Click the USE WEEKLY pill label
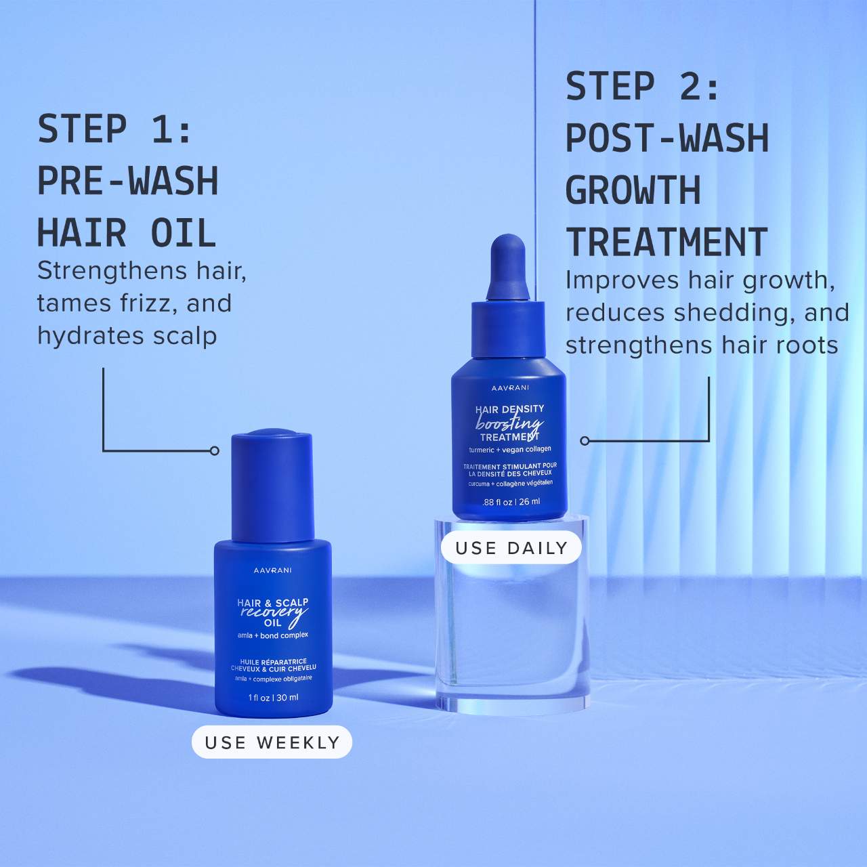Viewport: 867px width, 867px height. coord(272,742)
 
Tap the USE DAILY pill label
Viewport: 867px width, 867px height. coord(511,548)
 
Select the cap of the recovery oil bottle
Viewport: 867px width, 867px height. coord(272,484)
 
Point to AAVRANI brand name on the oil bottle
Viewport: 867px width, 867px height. coord(273,570)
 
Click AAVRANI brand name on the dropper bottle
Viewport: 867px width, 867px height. coord(510,388)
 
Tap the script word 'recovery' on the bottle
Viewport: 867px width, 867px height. coord(274,612)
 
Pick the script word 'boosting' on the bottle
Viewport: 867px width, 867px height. coord(509,423)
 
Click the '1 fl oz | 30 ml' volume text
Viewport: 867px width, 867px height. coord(273,698)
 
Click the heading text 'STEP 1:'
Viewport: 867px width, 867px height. coord(115,129)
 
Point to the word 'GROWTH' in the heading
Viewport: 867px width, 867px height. coord(633,190)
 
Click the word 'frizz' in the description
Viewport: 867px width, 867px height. coord(149,303)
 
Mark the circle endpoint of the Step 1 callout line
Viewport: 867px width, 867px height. coord(215,450)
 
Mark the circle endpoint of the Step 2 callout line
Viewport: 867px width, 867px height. coord(585,441)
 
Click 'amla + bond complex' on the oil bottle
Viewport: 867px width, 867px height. coord(273,635)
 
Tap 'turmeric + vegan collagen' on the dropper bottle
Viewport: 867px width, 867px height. coord(510,449)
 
